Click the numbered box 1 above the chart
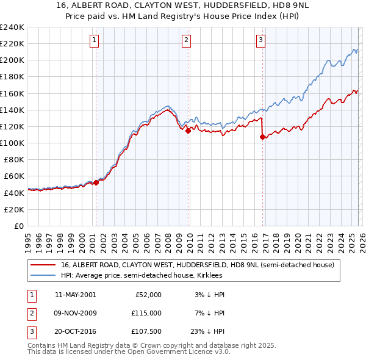95,41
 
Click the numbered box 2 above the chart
186,41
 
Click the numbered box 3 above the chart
260,41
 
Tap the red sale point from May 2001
96,182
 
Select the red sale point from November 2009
188,130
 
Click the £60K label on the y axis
13,176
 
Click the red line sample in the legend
43,265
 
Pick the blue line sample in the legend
43,275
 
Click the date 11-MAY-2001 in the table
75,294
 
